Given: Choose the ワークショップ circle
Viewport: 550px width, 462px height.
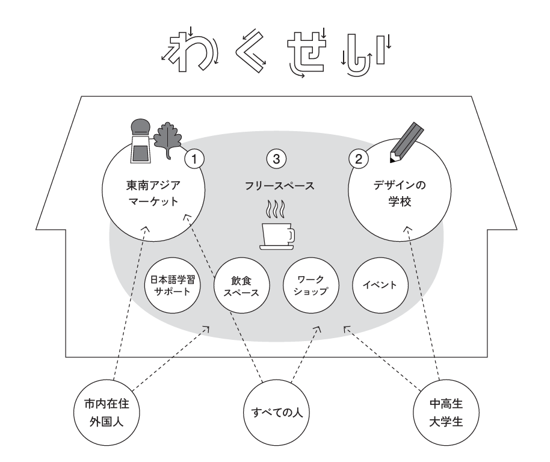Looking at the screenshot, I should [x=311, y=286].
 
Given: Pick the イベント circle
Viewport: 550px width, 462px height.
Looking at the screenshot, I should [x=379, y=285].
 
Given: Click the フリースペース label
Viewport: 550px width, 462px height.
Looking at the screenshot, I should [x=276, y=186].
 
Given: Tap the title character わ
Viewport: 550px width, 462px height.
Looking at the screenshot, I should [x=186, y=51].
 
